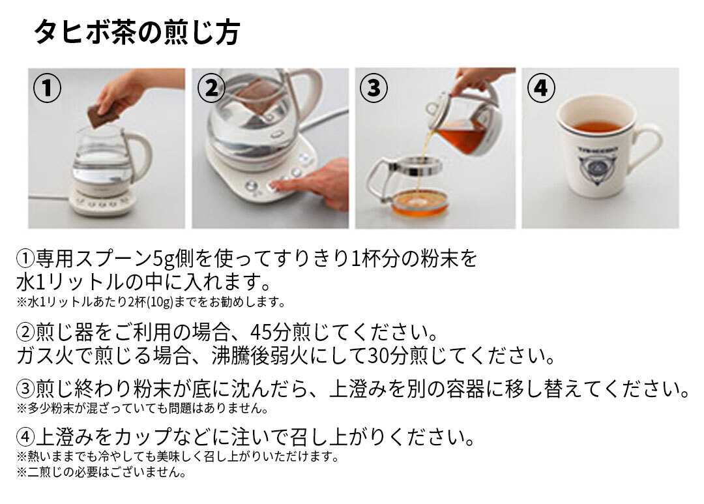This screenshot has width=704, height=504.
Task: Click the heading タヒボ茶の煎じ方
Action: (x=138, y=33)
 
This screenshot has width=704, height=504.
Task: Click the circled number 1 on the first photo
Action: (x=47, y=89)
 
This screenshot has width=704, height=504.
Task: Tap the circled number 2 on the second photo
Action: (x=211, y=89)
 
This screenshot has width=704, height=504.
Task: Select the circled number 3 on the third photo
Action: (x=374, y=89)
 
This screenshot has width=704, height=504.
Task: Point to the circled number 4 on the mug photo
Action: (x=541, y=88)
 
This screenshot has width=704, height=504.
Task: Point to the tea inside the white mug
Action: (x=596, y=126)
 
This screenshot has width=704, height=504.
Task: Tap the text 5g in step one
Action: (x=164, y=259)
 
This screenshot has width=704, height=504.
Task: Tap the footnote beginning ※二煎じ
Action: (x=101, y=473)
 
